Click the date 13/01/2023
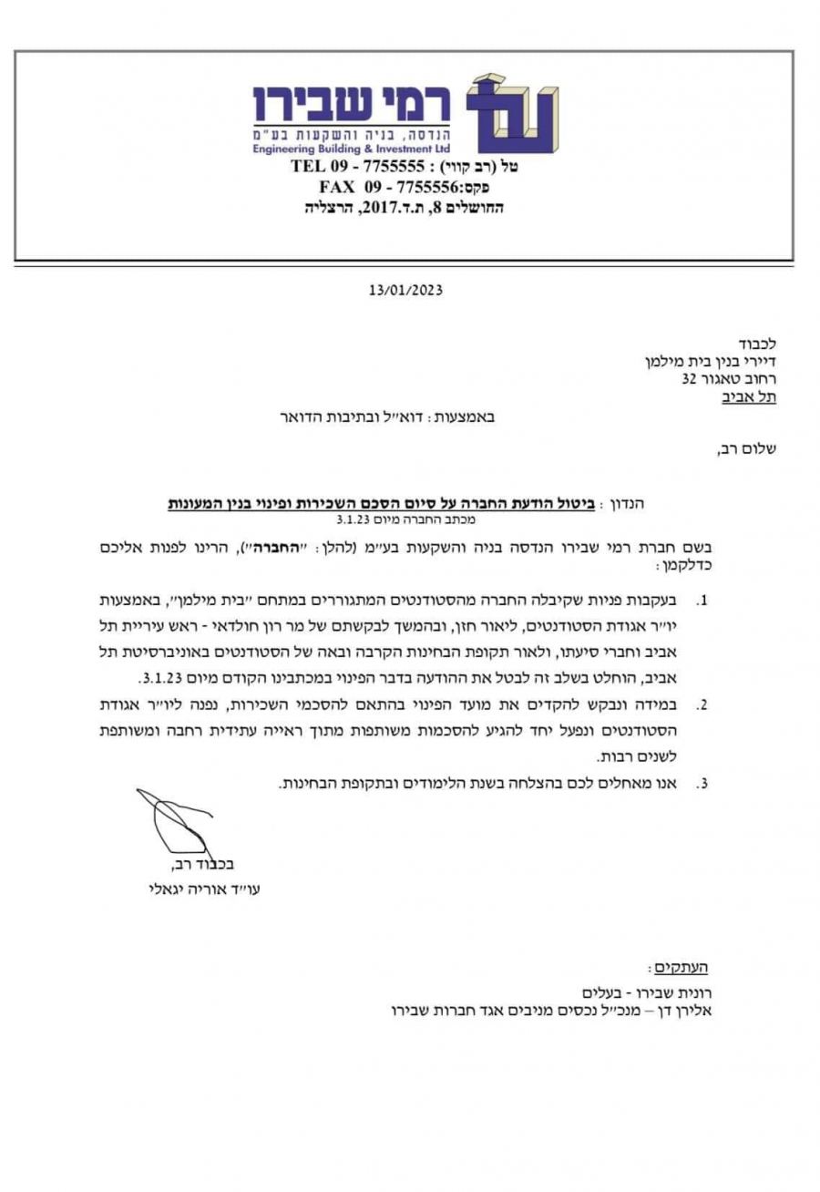pyautogui.click(x=405, y=290)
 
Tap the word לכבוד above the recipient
pyautogui.click(x=758, y=344)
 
